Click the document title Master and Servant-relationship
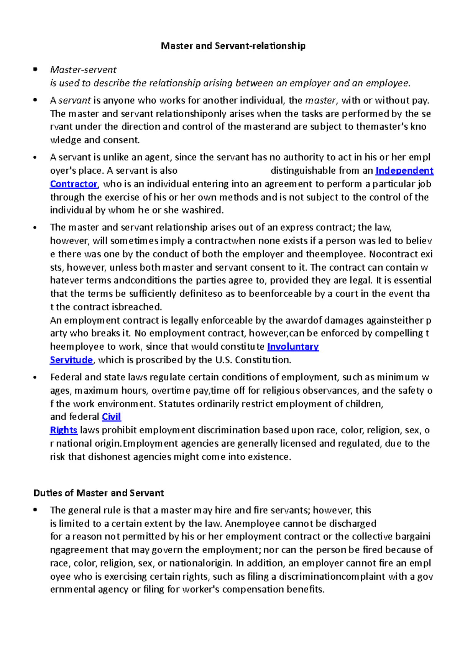tap(233, 46)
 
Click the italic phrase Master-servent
tap(83, 70)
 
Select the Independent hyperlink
tap(404, 171)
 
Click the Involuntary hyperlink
tap(293, 347)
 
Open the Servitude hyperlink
tap(71, 360)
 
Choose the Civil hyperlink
tap(111, 417)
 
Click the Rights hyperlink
tap(64, 430)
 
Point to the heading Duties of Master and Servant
tap(99, 493)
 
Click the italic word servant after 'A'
tap(74, 100)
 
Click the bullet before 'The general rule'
tap(35, 510)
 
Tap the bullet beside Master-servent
tap(35, 70)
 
